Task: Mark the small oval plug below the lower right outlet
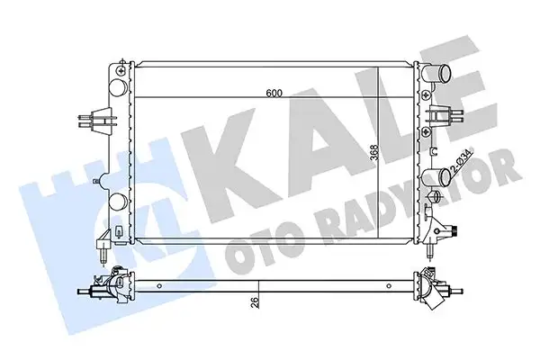[436, 197]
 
